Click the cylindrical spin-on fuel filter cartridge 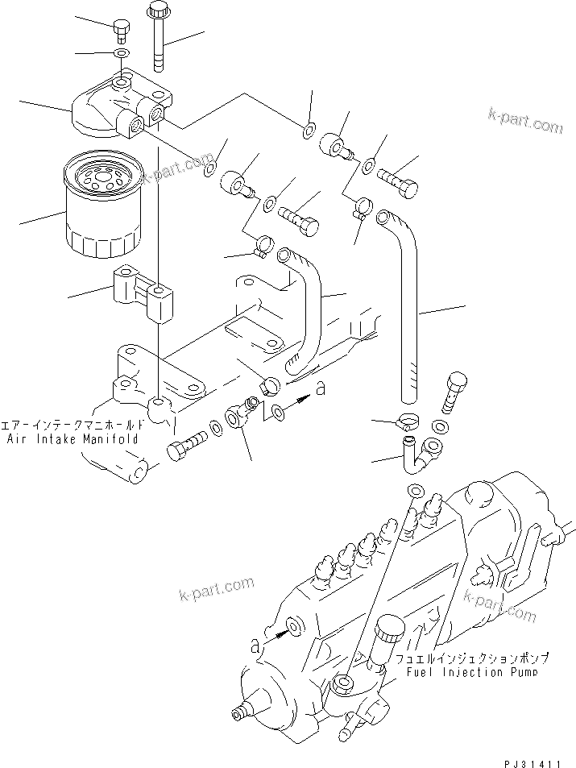tap(103, 207)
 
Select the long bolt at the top tap(157, 36)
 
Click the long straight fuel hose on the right tap(408, 306)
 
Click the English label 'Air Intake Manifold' tap(73, 439)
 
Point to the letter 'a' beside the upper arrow tap(321, 389)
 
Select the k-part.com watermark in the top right tap(525, 122)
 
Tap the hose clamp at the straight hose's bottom tap(408, 420)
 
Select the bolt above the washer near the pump tap(454, 390)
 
